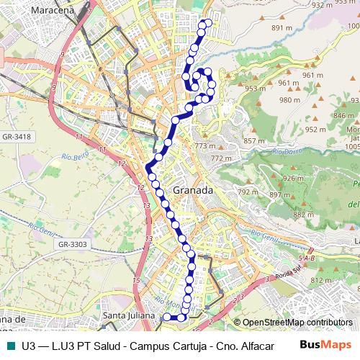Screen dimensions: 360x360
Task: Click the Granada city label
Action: pyautogui.click(x=193, y=191)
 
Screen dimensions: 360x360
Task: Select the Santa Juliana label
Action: pyautogui.click(x=128, y=315)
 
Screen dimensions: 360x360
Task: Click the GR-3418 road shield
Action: pyautogui.click(x=16, y=136)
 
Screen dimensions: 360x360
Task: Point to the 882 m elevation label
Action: pyautogui.click(x=303, y=215)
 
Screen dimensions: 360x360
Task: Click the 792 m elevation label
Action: pyautogui.click(x=248, y=192)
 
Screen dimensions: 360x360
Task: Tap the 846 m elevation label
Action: pyautogui.click(x=344, y=115)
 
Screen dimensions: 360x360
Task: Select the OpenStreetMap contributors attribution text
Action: pyautogui.click(x=297, y=323)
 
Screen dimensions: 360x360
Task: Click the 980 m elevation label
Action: pyautogui.click(x=289, y=100)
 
